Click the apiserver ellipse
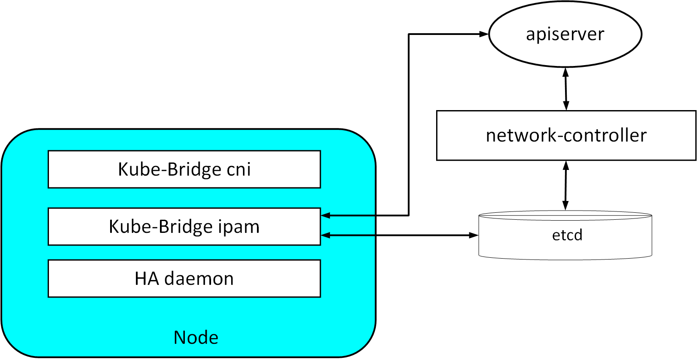click(565, 34)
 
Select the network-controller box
click(566, 135)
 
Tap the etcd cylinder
click(565, 235)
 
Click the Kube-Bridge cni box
click(184, 169)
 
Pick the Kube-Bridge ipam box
click(184, 226)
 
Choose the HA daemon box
click(184, 278)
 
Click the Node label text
click(196, 337)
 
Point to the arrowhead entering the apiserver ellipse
click(484, 34)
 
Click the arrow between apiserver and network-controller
click(566, 89)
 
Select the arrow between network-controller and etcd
click(566, 185)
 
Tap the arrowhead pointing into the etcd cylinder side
click(474, 235)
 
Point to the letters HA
click(147, 278)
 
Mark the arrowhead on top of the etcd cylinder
click(566, 206)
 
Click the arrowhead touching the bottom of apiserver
click(566, 73)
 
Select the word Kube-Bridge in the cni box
click(170, 170)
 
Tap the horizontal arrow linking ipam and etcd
click(399, 235)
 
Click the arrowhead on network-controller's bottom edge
click(566, 166)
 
